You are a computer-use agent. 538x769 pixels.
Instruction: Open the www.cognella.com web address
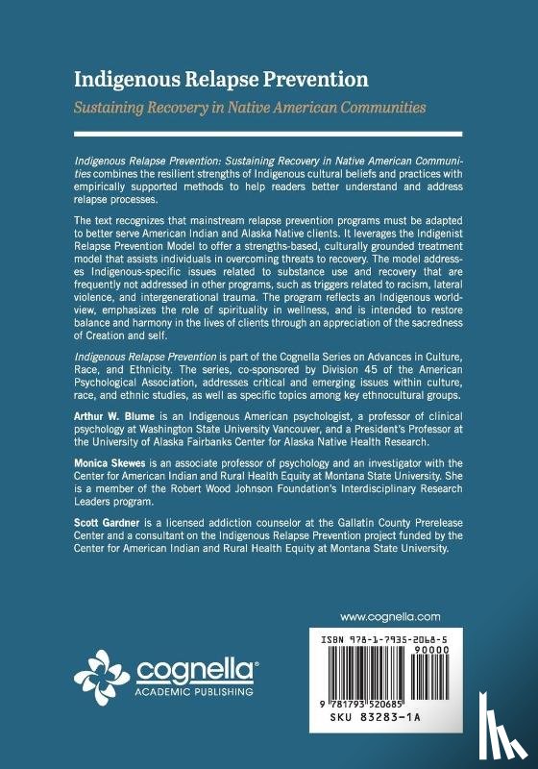tap(390, 616)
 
